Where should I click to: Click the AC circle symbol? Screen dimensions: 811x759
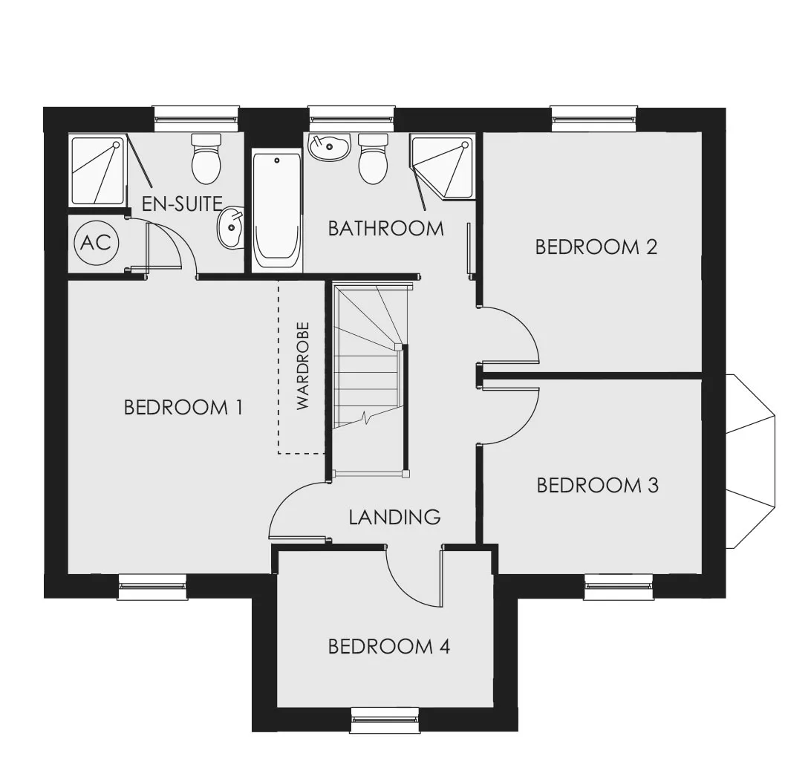pyautogui.click(x=97, y=242)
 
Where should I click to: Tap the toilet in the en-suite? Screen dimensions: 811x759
pyautogui.click(x=206, y=158)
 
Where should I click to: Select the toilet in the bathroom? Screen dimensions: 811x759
pyautogui.click(x=373, y=158)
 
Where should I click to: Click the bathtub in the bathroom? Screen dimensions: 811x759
pyautogui.click(x=277, y=209)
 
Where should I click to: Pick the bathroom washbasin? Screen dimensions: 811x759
pyautogui.click(x=329, y=147)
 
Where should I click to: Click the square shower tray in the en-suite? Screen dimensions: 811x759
pyautogui.click(x=98, y=170)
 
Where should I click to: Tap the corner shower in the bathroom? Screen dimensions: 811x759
pyautogui.click(x=442, y=166)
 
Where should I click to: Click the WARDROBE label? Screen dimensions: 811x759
pyautogui.click(x=302, y=366)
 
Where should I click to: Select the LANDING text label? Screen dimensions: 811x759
pyautogui.click(x=394, y=517)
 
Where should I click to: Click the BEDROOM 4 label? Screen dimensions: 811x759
pyautogui.click(x=389, y=646)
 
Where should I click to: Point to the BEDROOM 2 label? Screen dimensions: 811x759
pyautogui.click(x=596, y=247)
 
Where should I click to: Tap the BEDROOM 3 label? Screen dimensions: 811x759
pyautogui.click(x=597, y=485)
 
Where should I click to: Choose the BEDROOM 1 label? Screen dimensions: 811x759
pyautogui.click(x=183, y=407)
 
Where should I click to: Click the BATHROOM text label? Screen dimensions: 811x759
pyautogui.click(x=386, y=228)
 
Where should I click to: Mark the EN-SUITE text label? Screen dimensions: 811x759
pyautogui.click(x=182, y=203)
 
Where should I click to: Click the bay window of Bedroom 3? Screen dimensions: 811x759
pyautogui.click(x=751, y=461)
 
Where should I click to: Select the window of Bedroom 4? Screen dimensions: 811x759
pyautogui.click(x=385, y=720)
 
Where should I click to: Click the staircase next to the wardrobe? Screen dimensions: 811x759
pyautogui.click(x=371, y=380)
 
